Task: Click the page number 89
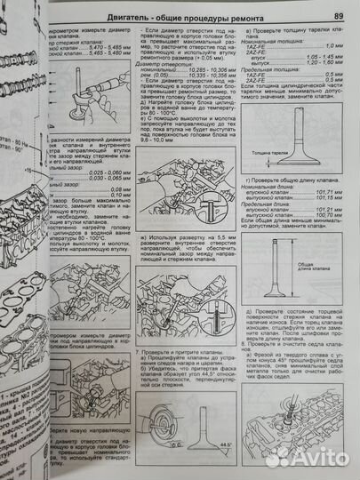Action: click(x=339, y=16)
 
